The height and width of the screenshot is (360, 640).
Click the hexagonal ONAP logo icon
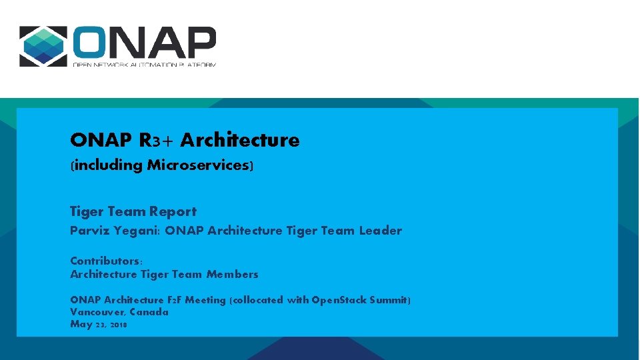click(43, 46)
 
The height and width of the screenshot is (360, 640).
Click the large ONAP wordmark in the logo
click(144, 42)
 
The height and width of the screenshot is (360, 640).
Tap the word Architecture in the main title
click(240, 140)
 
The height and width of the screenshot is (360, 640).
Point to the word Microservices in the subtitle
click(198, 165)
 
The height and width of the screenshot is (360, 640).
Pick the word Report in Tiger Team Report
click(173, 211)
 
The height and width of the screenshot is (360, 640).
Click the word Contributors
click(105, 261)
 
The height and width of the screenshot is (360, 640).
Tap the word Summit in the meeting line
click(387, 300)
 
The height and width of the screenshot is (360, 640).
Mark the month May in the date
click(81, 324)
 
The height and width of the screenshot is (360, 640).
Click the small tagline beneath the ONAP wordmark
click(144, 64)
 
